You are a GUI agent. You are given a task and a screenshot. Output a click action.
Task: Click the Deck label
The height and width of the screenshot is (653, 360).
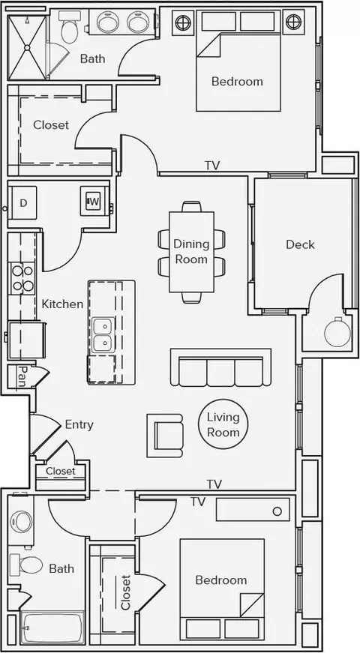click(x=300, y=244)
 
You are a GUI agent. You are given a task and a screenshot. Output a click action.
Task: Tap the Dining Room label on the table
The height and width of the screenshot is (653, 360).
click(x=191, y=251)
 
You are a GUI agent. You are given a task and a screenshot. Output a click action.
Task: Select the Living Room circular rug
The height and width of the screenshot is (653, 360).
click(x=223, y=424)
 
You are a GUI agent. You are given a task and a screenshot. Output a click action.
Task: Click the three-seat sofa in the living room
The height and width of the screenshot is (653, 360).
click(x=220, y=367)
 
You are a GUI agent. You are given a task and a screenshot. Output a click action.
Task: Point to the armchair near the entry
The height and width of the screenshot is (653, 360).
click(x=164, y=436)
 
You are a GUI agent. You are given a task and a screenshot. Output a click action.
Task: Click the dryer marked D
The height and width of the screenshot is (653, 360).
click(x=23, y=203)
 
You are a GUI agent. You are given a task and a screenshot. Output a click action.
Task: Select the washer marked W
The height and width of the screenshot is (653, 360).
click(x=94, y=202)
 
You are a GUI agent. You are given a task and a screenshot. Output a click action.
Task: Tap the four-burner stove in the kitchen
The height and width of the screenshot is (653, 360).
click(x=22, y=278)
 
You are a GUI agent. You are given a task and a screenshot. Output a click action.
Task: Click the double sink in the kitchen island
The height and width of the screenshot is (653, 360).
click(x=103, y=334)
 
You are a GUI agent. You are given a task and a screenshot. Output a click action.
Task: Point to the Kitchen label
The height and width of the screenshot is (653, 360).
click(x=62, y=304)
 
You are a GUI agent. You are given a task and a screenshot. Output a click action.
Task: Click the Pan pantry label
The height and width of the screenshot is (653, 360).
click(x=22, y=377)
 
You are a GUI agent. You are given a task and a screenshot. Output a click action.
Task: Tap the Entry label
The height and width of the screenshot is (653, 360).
click(x=79, y=425)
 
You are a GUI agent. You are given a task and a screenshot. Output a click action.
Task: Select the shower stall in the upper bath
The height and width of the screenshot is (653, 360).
click(x=27, y=47)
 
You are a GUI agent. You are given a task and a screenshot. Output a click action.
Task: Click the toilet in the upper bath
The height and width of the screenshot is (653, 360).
click(x=67, y=27)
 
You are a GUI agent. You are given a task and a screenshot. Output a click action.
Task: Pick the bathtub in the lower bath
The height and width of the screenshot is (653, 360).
click(x=52, y=628)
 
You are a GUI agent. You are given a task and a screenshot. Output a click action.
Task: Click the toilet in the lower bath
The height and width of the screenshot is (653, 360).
click(x=27, y=565)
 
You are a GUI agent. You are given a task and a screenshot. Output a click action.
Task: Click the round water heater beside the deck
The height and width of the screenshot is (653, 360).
click(x=337, y=332)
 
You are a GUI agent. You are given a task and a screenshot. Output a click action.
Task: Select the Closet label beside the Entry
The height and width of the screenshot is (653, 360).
click(x=61, y=471)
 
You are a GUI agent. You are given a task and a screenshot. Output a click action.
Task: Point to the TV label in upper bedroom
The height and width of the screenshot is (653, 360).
click(x=212, y=166)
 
